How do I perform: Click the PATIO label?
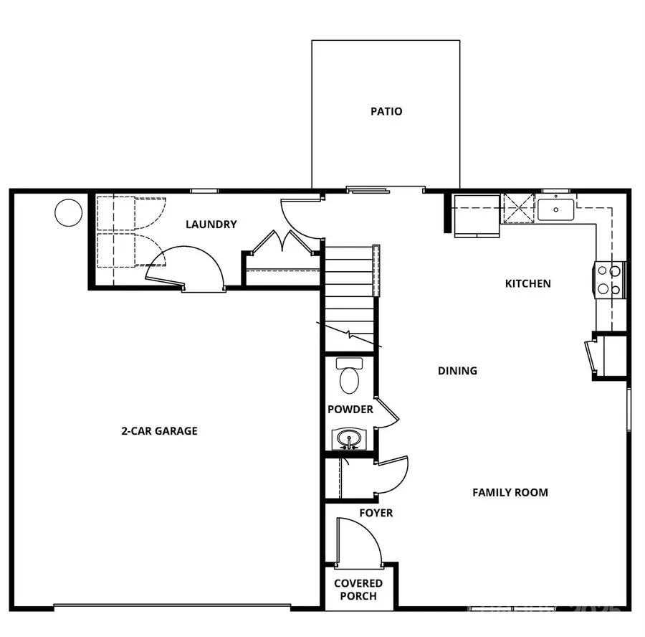tap(386, 111)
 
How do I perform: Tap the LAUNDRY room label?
tap(211, 225)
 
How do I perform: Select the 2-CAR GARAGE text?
tap(158, 431)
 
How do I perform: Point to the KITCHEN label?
tap(528, 283)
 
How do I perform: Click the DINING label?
tap(457, 371)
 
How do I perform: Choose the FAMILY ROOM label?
tap(510, 492)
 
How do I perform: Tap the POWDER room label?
tap(350, 410)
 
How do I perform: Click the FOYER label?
tap(376, 513)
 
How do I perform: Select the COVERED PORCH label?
tap(358, 590)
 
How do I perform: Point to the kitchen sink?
tap(556, 210)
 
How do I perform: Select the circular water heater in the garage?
tap(69, 212)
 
